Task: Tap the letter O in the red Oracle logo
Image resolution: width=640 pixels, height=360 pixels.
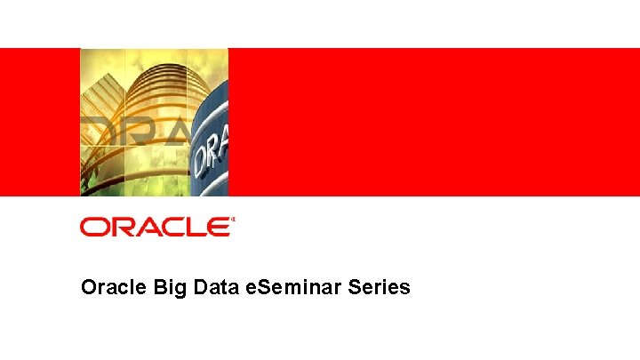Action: (92, 228)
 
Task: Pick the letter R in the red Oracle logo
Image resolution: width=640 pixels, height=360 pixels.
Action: (118, 228)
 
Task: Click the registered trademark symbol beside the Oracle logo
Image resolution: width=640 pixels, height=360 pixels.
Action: (233, 220)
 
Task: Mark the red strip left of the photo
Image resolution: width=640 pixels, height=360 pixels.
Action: (40, 122)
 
